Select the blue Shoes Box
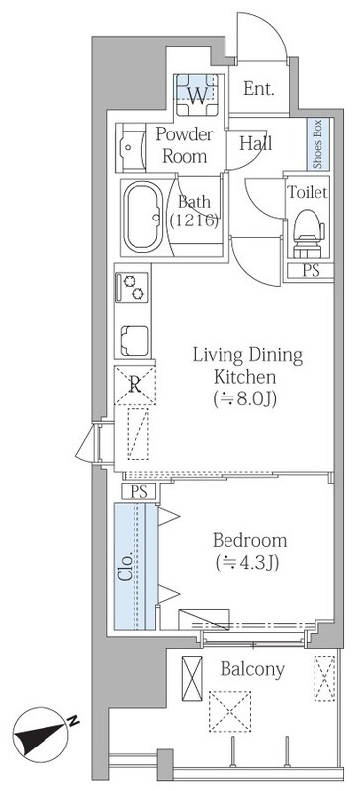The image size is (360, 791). (318, 143)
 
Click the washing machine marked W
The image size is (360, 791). (198, 95)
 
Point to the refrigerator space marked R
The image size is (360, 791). (135, 386)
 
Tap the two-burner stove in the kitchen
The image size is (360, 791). (133, 287)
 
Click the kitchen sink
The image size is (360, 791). (135, 341)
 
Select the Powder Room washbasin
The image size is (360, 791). (131, 147)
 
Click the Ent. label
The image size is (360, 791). (259, 89)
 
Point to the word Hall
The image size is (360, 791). (255, 143)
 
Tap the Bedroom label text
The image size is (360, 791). (249, 540)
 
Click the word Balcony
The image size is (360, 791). (252, 670)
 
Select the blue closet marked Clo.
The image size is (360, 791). (135, 567)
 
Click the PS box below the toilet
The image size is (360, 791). (311, 270)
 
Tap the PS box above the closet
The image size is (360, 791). (139, 491)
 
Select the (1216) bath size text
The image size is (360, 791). (195, 220)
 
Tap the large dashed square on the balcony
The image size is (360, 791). (229, 711)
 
